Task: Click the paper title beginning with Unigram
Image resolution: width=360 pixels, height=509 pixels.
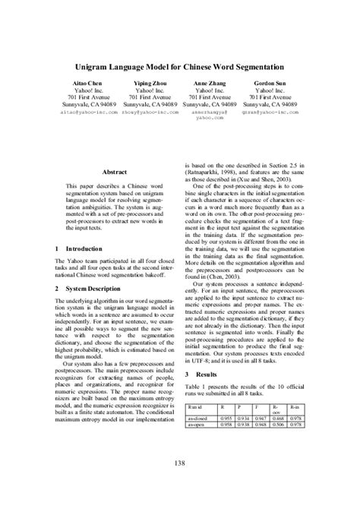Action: pos(180,66)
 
